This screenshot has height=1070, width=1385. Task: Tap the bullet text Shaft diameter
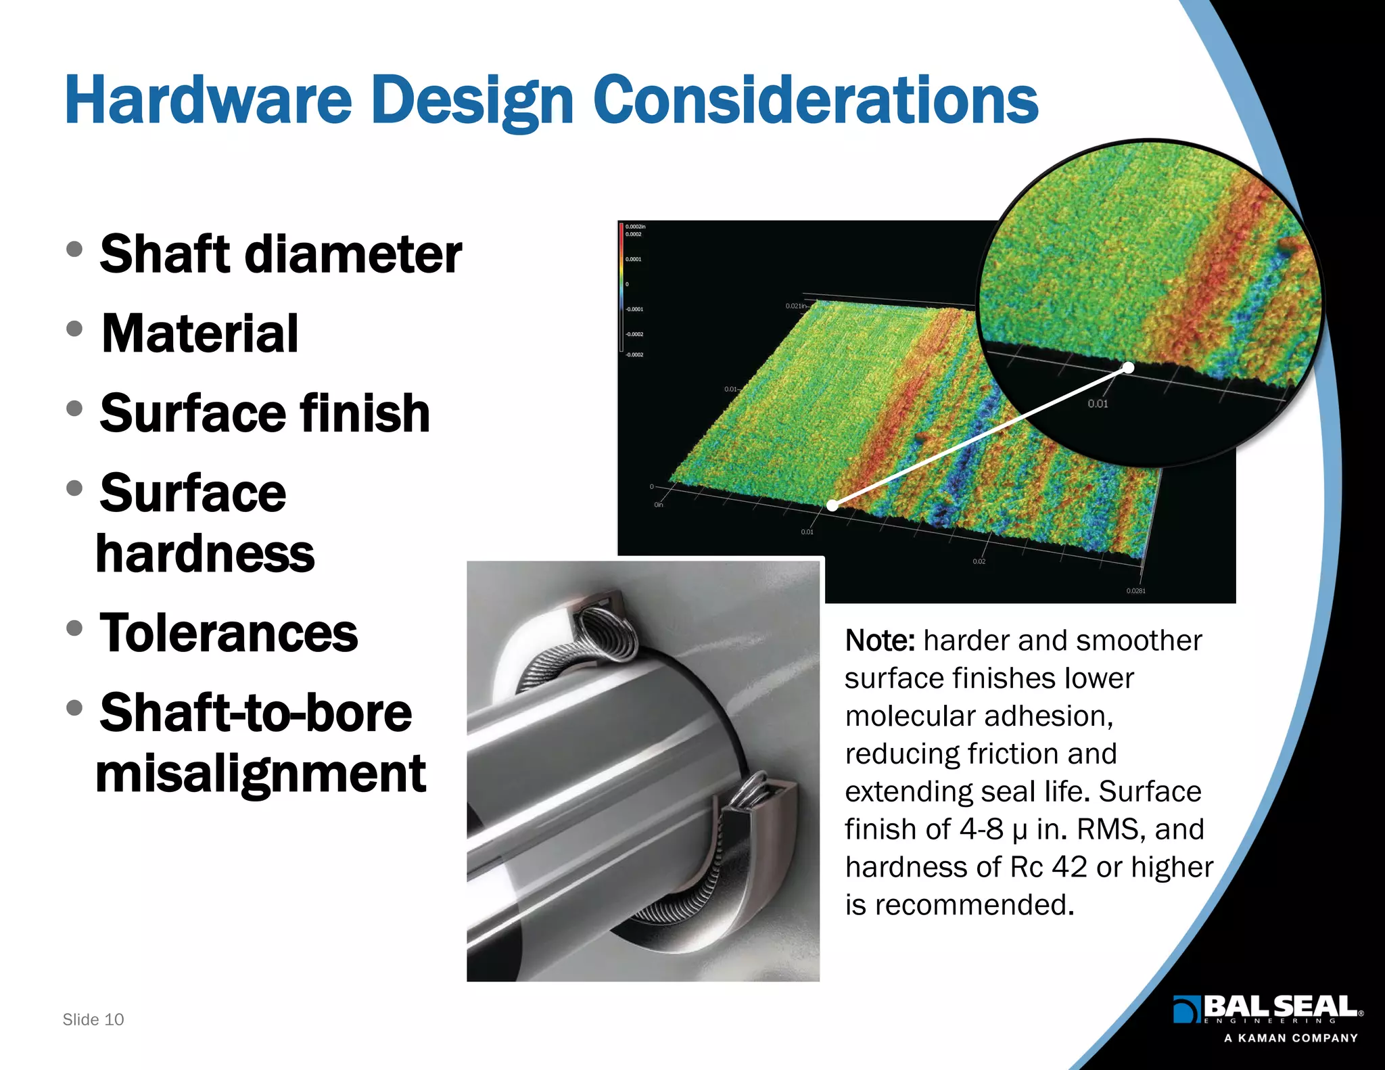click(x=281, y=254)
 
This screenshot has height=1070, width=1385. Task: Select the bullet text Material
click(x=200, y=334)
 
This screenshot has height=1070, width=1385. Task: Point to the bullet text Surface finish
click(x=264, y=413)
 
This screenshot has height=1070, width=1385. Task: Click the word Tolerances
click(x=229, y=634)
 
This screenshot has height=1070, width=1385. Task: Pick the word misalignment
click(x=261, y=774)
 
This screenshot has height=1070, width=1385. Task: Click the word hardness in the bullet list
click(x=206, y=554)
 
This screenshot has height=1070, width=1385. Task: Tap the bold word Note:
click(x=880, y=641)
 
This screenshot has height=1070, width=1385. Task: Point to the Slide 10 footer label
click(x=93, y=1019)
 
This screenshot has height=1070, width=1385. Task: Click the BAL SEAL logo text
click(x=1280, y=1006)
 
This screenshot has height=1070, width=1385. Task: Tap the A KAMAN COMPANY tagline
click(x=1290, y=1038)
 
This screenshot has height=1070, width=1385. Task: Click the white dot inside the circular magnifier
click(x=1128, y=367)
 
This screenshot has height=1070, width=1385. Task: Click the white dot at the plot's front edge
click(x=833, y=505)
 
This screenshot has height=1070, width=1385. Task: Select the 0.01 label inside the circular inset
click(x=1098, y=404)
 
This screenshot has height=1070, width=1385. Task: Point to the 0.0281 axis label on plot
click(x=1135, y=591)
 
